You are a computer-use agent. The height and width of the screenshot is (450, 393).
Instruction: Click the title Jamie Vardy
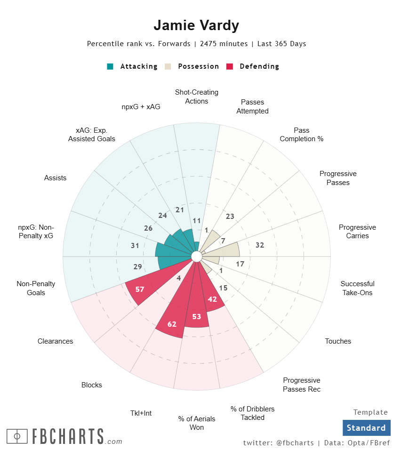coord(196,25)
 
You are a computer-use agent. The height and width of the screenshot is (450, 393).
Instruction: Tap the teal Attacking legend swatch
coord(110,66)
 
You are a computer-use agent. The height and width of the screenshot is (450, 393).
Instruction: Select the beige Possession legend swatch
coord(168,66)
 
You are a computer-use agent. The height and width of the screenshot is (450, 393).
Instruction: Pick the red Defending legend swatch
coord(230,66)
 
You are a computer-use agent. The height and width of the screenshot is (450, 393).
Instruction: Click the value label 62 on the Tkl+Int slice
coord(172,324)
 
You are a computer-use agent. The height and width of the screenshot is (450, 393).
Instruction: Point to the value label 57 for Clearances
coord(140,289)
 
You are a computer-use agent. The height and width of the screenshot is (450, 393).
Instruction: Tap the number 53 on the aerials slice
coord(197,316)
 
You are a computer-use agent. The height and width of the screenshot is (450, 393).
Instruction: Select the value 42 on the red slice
coord(212,299)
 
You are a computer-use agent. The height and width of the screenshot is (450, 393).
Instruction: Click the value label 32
coord(259,245)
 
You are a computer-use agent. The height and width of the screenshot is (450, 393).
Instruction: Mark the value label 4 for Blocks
coord(179,278)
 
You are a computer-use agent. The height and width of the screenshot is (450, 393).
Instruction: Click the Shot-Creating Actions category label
coord(197,96)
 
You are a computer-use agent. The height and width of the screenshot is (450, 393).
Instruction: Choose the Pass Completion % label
coord(302,135)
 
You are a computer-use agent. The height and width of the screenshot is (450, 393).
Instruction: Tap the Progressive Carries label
coord(357,232)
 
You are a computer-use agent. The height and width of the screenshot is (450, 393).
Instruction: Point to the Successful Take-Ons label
coord(358,288)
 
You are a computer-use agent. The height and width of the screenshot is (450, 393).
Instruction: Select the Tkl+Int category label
coord(141,413)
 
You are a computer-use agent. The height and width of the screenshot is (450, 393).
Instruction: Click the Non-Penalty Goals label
coord(36,288)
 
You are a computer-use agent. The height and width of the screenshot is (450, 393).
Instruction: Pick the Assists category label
coord(56,178)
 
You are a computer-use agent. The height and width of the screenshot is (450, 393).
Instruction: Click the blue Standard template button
coord(366,428)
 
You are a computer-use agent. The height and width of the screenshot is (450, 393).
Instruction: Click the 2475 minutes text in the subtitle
coord(224,44)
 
